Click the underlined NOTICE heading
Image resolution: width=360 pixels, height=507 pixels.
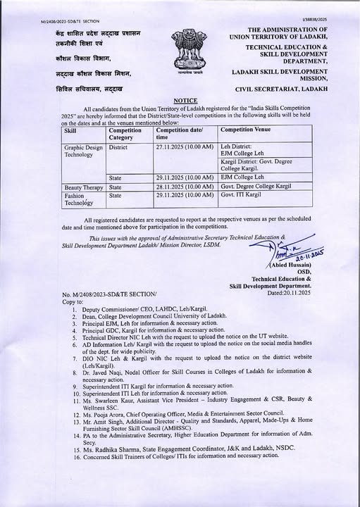[185, 101]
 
